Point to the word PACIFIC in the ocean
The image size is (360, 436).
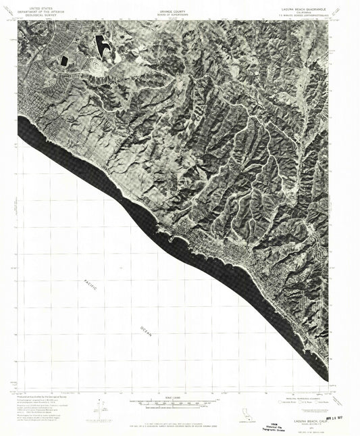91,286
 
